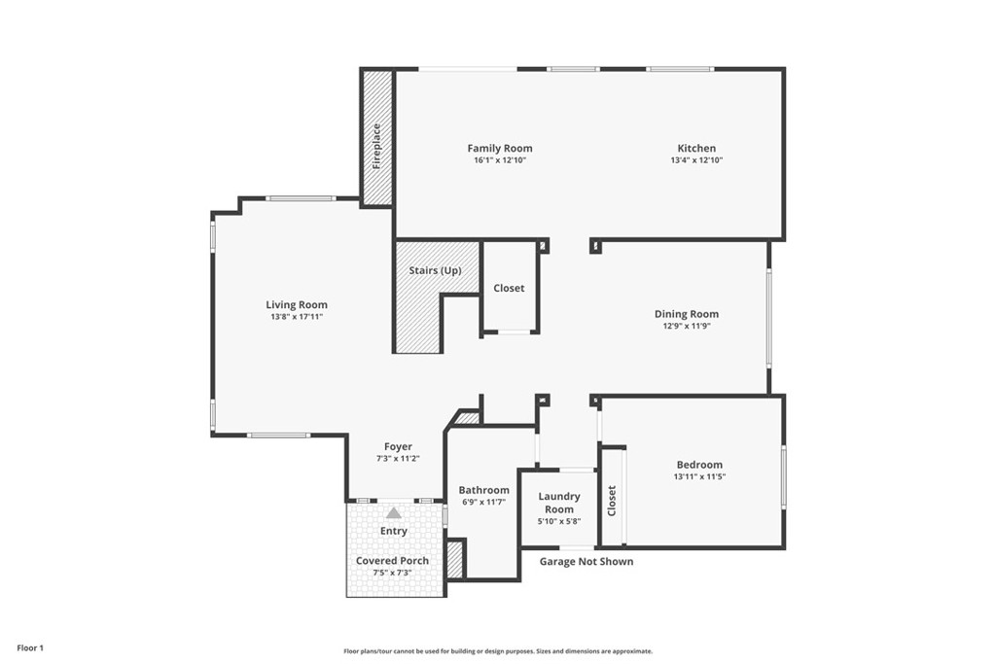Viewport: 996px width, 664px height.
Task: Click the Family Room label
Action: [499, 149]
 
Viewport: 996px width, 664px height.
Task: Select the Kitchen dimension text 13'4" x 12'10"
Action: [696, 160]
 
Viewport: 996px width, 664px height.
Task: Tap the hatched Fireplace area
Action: [376, 139]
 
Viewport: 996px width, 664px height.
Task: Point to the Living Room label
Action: [297, 304]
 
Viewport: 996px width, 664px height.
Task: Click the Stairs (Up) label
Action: [435, 270]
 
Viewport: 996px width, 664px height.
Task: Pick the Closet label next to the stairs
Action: [509, 288]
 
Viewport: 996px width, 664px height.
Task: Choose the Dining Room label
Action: [686, 314]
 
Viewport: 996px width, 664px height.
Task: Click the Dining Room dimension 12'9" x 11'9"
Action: [686, 327]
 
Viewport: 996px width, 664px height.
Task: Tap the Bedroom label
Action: [698, 465]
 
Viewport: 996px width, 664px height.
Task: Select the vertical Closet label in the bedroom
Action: [612, 500]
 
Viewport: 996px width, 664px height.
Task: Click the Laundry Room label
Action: [559, 503]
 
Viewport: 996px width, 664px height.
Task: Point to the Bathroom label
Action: [483, 490]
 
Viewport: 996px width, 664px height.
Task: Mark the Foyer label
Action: [398, 446]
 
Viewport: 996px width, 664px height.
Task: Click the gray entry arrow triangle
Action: [393, 512]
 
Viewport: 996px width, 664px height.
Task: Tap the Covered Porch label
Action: [392, 561]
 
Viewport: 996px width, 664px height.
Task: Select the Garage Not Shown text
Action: [587, 561]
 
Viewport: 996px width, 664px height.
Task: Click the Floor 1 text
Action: [29, 647]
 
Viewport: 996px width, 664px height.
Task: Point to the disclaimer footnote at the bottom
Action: [497, 651]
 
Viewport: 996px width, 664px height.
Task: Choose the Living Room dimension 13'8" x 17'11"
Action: [297, 317]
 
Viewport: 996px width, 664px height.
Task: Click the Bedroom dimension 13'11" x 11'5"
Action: [698, 477]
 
